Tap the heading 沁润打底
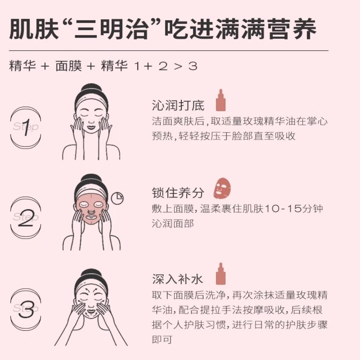(x=178, y=105)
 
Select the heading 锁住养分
(x=178, y=193)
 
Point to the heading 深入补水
(x=178, y=279)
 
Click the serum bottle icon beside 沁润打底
(x=220, y=100)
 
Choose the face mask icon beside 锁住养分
(x=222, y=189)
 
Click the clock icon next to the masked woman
(x=117, y=198)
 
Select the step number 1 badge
(x=26, y=128)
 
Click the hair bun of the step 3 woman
(x=91, y=273)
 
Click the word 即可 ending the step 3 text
(x=162, y=339)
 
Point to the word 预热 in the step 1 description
(x=162, y=136)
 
